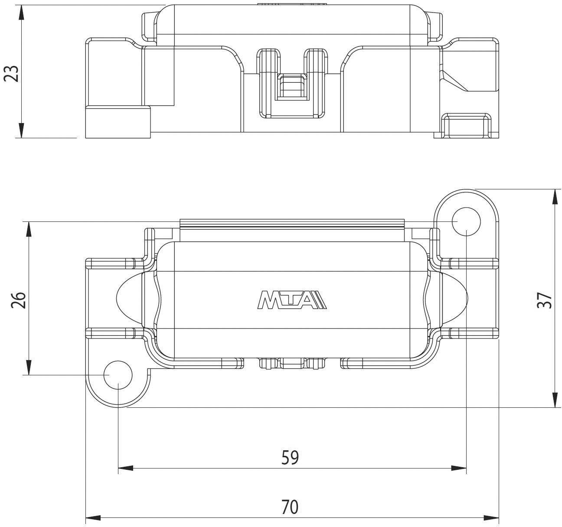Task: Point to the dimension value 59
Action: pyautogui.click(x=290, y=458)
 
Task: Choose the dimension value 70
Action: pyautogui.click(x=290, y=507)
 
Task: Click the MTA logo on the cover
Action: pyautogui.click(x=292, y=300)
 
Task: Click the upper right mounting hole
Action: pyautogui.click(x=467, y=221)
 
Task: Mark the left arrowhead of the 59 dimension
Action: pyautogui.click(x=125, y=468)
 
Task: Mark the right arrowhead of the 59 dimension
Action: pyautogui.click(x=459, y=468)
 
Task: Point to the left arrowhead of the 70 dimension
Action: pyautogui.click(x=93, y=517)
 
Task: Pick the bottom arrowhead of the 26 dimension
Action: pyautogui.click(x=29, y=368)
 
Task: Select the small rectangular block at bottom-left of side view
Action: pyautogui.click(x=118, y=122)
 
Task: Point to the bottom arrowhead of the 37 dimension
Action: pyautogui.click(x=555, y=400)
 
